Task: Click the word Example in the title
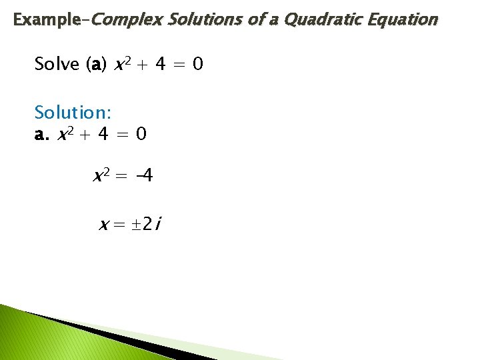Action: coord(45,20)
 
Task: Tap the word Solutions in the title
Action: coord(204,20)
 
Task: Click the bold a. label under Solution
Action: coord(42,135)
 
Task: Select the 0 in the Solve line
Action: coord(198,65)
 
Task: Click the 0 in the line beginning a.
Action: coord(141,135)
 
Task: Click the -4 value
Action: coord(143,177)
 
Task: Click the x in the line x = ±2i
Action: coord(104,226)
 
